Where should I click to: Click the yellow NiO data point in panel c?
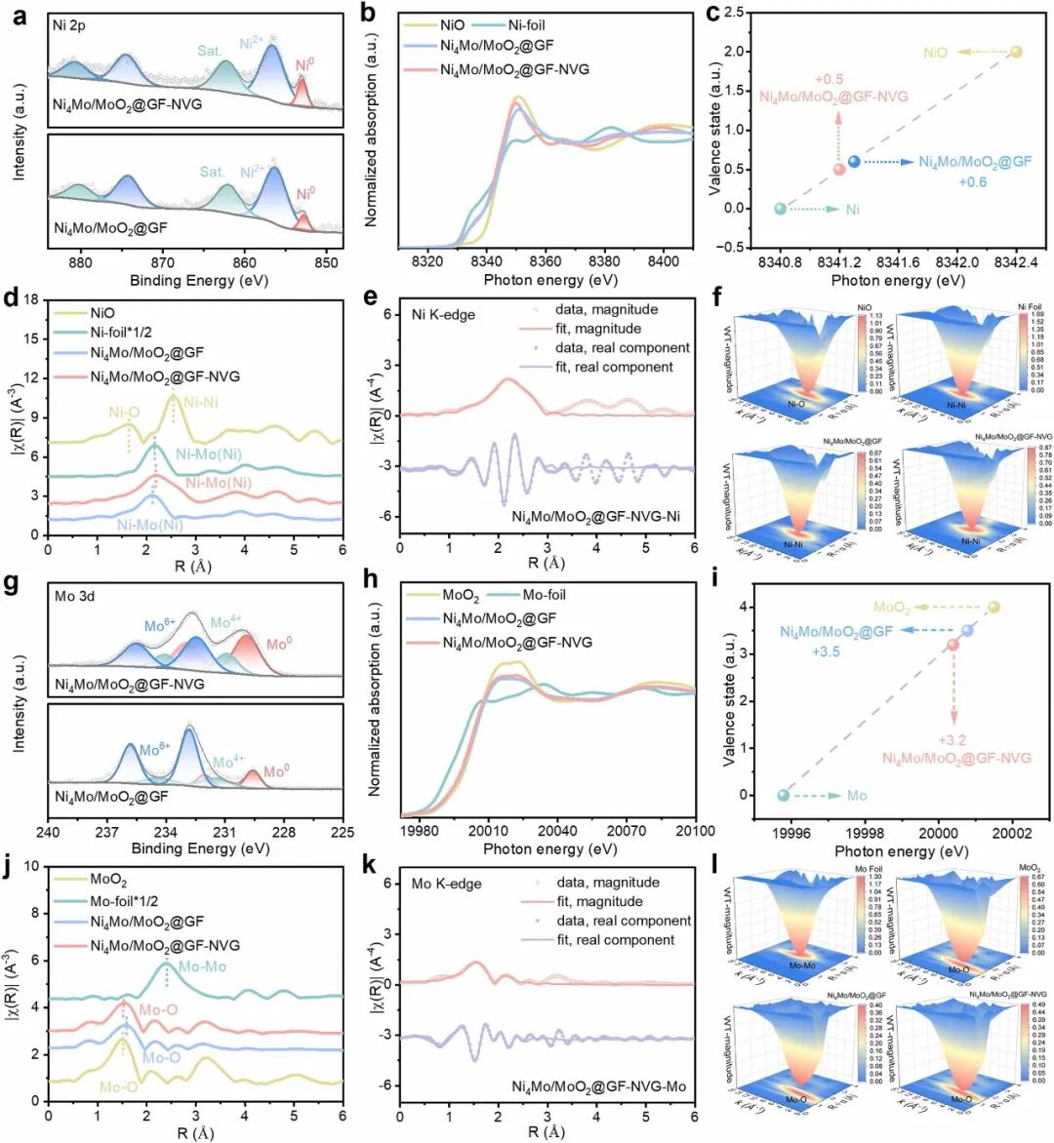1016,52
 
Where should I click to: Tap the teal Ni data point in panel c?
780,209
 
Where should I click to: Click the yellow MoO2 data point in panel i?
993,608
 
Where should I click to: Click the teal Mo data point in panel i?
783,795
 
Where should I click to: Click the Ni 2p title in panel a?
69,26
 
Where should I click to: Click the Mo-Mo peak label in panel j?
202,966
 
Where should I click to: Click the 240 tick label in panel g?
48,832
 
